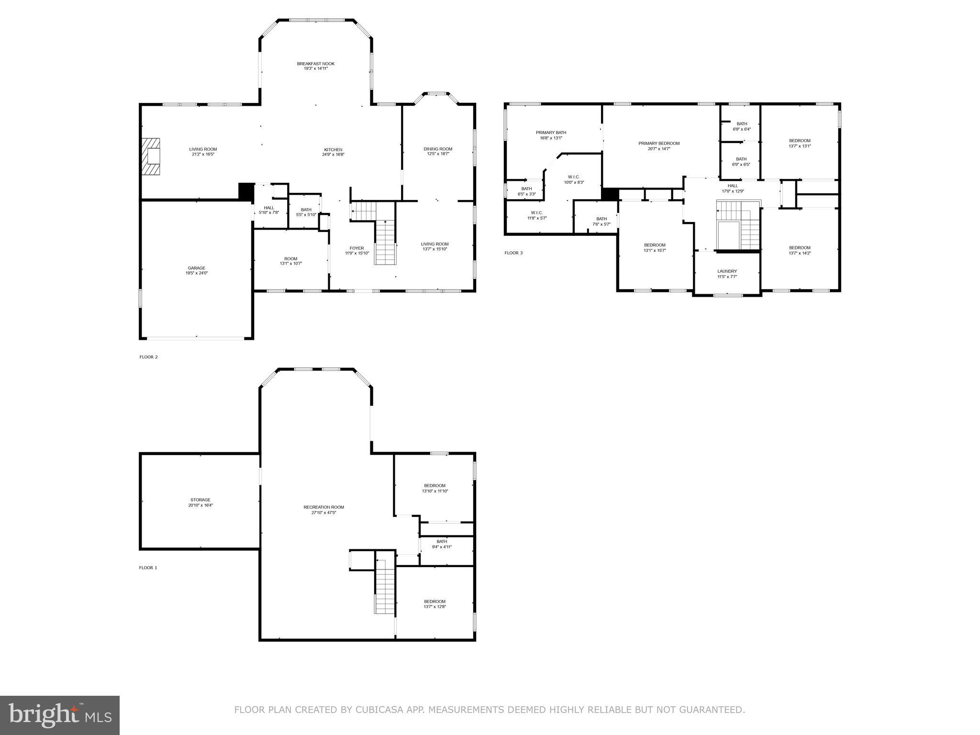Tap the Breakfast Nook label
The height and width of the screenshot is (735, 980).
(315, 64)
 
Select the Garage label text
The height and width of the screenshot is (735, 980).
(196, 268)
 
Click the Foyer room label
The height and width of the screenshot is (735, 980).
(356, 248)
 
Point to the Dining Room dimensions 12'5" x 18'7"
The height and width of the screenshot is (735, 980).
(438, 154)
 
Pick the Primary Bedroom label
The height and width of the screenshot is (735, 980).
(658, 143)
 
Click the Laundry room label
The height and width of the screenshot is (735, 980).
(727, 271)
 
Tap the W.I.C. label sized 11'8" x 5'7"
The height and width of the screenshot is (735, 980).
(536, 212)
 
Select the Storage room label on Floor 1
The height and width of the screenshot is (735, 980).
(200, 500)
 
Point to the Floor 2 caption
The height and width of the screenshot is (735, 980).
(148, 357)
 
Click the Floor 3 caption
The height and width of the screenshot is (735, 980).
(513, 253)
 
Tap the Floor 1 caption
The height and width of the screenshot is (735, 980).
(148, 568)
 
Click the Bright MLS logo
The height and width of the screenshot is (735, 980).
(60, 715)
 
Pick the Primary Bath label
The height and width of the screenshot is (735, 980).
(551, 133)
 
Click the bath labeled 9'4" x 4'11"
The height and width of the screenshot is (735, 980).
(442, 544)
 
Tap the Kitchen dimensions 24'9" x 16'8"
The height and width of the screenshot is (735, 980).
(333, 155)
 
